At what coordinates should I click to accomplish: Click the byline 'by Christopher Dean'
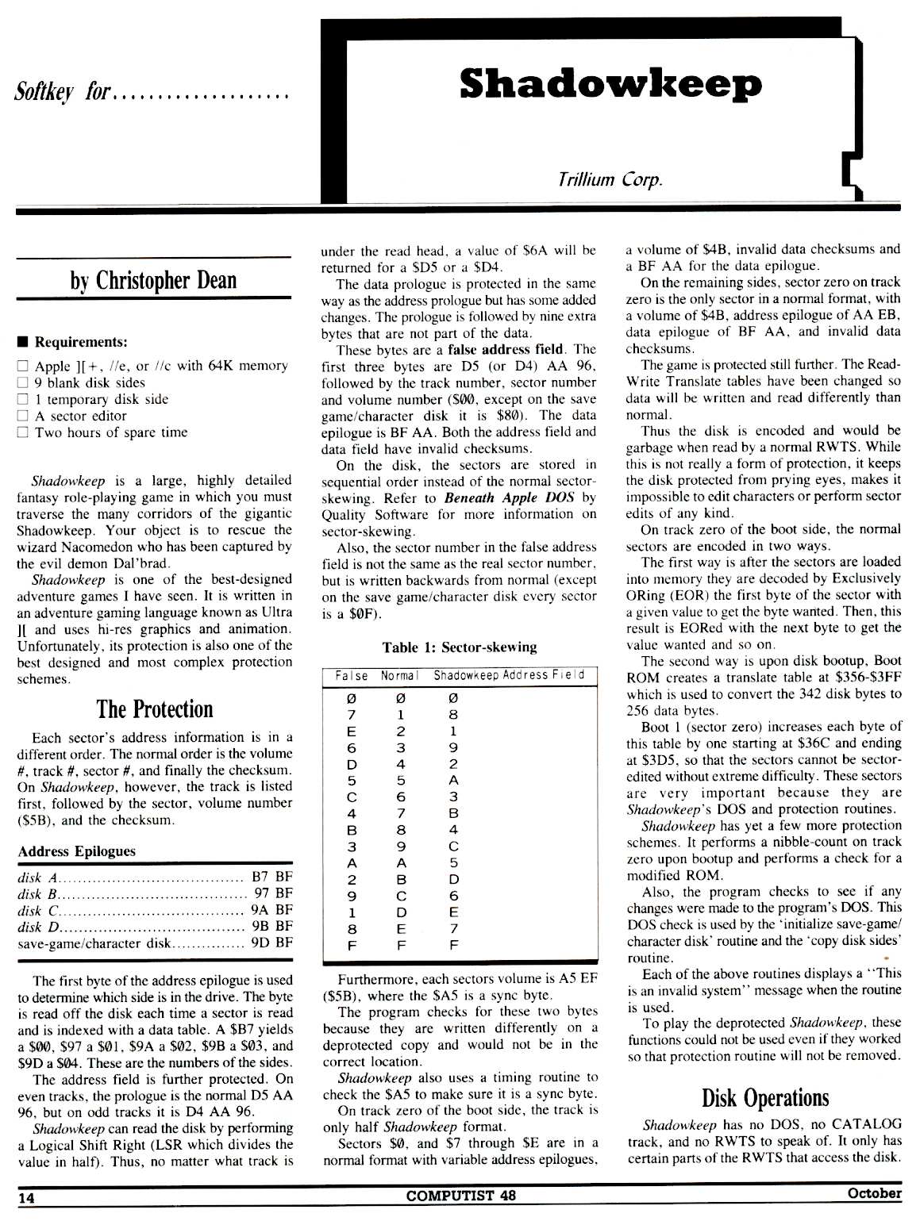click(x=154, y=280)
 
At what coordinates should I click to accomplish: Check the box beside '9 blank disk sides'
click(x=23, y=382)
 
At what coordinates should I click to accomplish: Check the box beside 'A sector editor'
click(x=23, y=416)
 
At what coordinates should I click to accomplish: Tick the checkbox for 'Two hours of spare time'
click(x=23, y=432)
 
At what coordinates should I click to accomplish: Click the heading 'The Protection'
click(x=155, y=708)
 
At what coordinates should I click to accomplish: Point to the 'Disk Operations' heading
click(x=764, y=1097)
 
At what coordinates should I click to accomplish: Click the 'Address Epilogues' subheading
click(x=76, y=851)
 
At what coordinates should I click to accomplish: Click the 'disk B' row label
click(x=36, y=893)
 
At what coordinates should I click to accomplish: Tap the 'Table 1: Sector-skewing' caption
click(x=459, y=647)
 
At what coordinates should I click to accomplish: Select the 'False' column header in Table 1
click(x=352, y=676)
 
